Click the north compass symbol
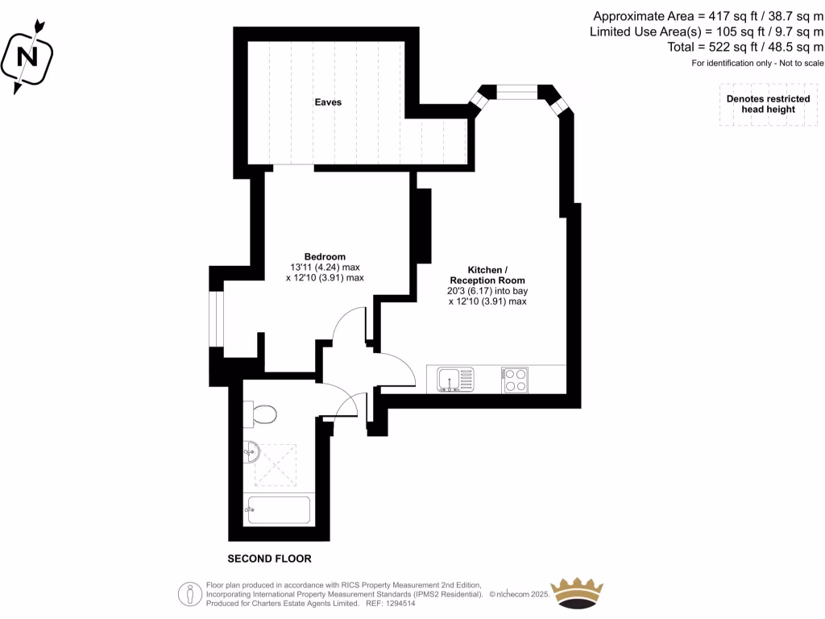coord(28,57)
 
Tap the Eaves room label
coord(328,102)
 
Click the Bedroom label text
coord(325,256)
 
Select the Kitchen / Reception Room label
coord(487,275)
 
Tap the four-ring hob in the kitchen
coord(515,379)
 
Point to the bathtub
coord(276,509)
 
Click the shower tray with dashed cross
coord(276,465)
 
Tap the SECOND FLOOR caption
coord(269,559)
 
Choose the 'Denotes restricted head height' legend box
coord(768,104)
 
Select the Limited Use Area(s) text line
coord(707,32)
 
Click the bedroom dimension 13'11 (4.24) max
coord(325,267)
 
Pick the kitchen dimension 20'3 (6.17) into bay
coord(487,291)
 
